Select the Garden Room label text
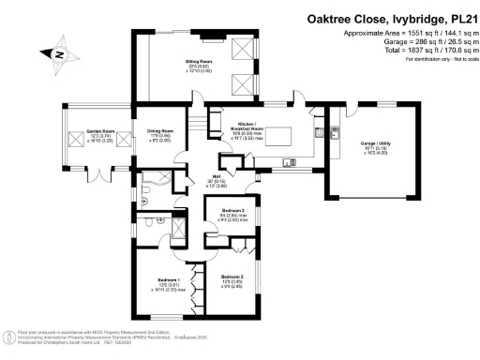(x=83, y=132)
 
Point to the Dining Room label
(x=160, y=131)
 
